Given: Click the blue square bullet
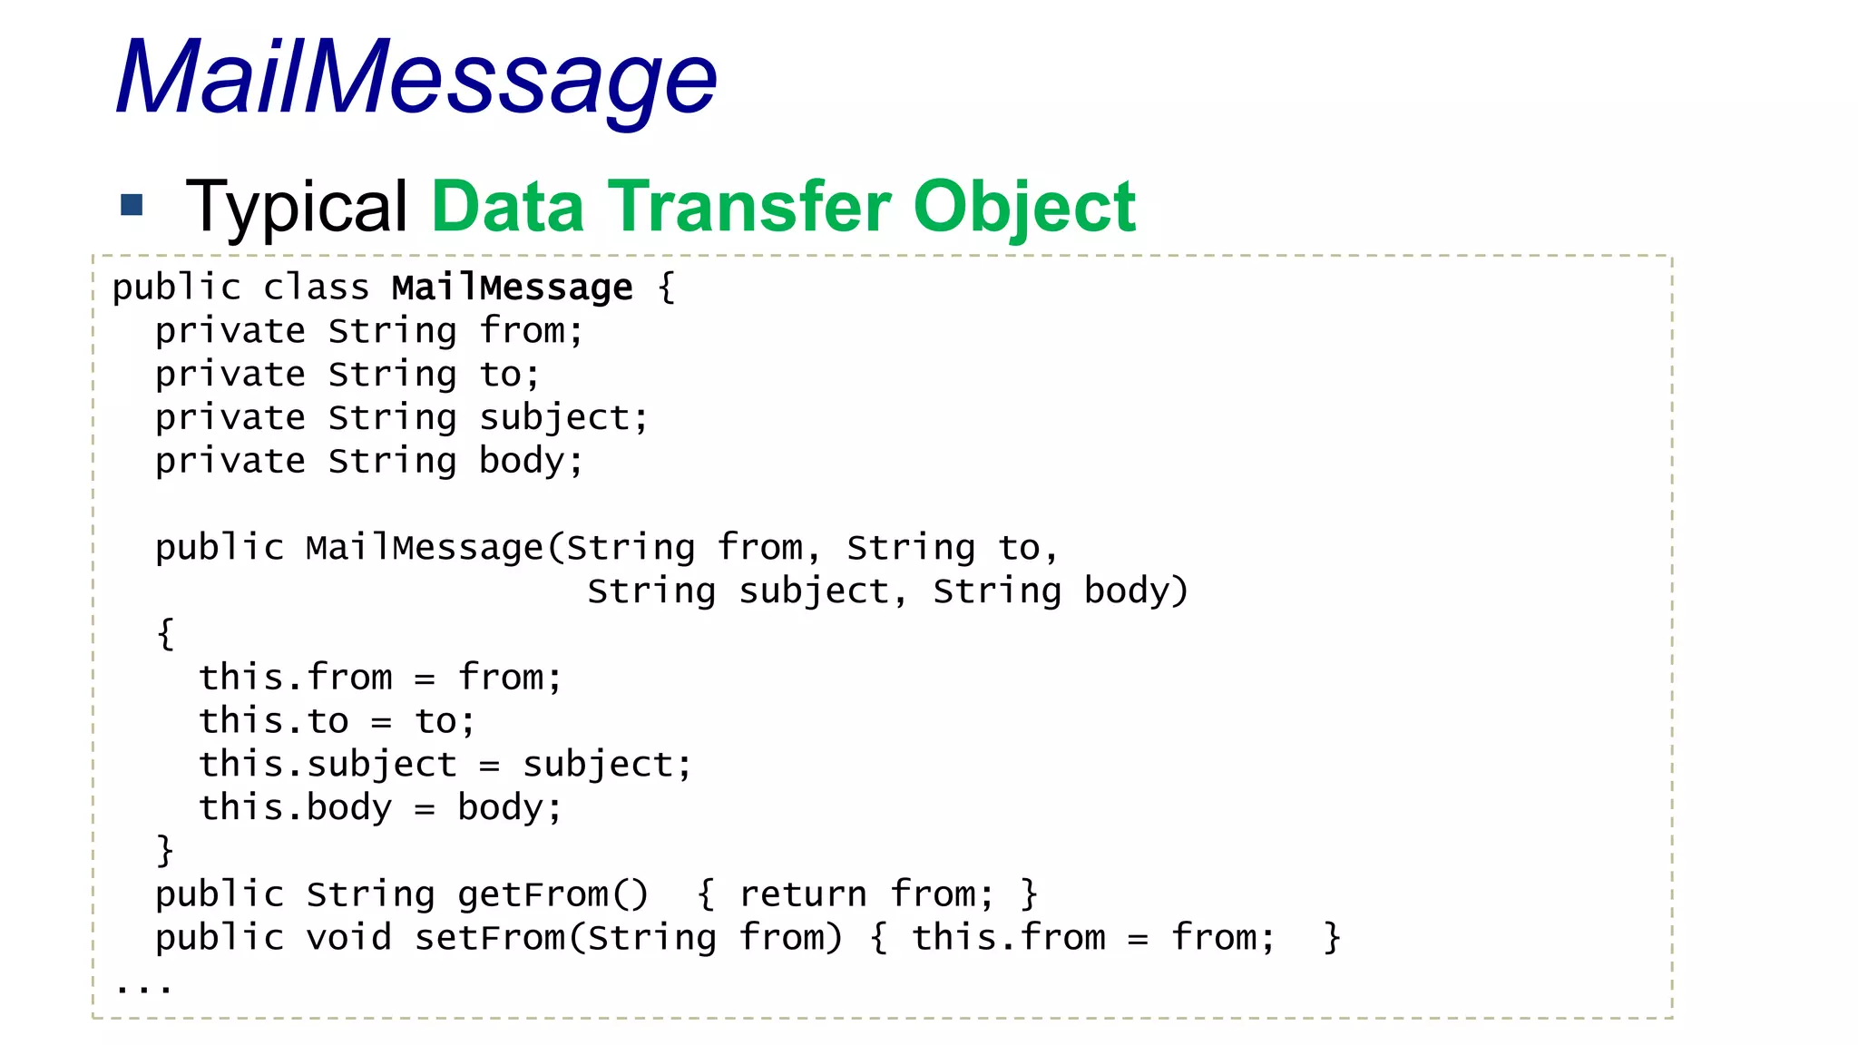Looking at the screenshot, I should pos(132,205).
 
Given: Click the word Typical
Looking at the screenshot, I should pos(297,207).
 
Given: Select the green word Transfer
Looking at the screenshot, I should pos(749,207).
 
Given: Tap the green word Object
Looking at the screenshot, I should pos(1024,207).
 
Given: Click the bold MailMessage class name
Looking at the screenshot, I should pos(512,288).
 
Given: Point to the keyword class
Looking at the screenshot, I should pos(316,288).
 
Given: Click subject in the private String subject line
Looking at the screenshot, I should pos(553,418).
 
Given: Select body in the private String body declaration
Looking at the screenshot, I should pos(522,461).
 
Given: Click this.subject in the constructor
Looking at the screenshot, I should pos(328,764).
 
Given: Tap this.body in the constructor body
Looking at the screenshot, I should pos(295,807).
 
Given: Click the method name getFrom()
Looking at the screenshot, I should pos(553,894).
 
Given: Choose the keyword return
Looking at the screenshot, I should pos(803,894).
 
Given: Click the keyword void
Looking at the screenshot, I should pos(348,937).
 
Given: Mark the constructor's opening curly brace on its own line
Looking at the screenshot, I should pos(165,633).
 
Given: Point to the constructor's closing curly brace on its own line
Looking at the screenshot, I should pos(165,851).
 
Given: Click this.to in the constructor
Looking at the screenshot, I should pos(273,721).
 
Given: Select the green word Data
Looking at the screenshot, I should pos(507,207).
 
